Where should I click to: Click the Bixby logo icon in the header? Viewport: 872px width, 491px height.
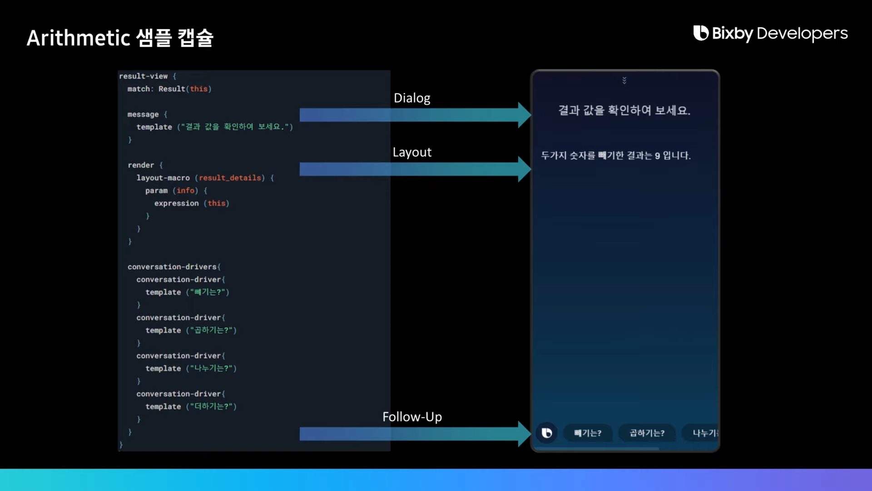(x=701, y=33)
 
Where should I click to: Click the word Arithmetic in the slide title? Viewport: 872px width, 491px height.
(x=79, y=38)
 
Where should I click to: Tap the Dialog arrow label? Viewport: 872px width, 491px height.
(x=412, y=98)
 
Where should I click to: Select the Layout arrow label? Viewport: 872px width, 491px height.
(x=412, y=152)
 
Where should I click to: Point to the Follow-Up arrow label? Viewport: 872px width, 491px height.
(x=412, y=417)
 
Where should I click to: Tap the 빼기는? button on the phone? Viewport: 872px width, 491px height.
(x=588, y=433)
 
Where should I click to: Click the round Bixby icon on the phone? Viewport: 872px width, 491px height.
(x=547, y=433)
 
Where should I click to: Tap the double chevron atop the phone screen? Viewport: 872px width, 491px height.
(x=624, y=80)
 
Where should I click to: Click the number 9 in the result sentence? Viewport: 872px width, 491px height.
(x=657, y=156)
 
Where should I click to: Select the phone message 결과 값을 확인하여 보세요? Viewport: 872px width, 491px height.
(x=624, y=110)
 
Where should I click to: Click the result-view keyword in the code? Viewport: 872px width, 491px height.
(x=144, y=76)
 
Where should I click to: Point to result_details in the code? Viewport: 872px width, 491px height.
(x=230, y=178)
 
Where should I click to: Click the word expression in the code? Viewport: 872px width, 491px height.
(x=176, y=203)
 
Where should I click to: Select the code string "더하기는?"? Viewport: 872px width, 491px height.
(x=211, y=406)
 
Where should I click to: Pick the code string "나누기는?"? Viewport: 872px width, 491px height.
(x=211, y=368)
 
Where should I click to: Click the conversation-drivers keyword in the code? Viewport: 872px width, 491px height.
(x=172, y=267)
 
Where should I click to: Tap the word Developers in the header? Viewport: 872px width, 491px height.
(x=802, y=33)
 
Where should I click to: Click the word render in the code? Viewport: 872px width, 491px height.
(x=141, y=165)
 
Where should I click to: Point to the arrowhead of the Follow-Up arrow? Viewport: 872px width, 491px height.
(x=524, y=434)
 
